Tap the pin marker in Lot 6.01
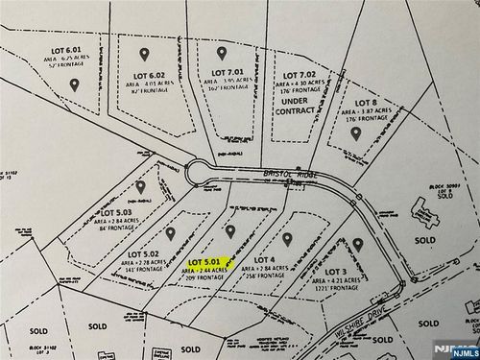coord(74,84)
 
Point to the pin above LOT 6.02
coord(144,54)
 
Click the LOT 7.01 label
coord(228,73)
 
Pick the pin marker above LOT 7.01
coord(222,53)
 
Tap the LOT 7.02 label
coord(294,73)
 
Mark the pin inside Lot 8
coord(355,133)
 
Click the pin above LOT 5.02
coord(170,232)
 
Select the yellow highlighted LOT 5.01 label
coord(206,261)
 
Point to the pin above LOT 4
coord(287,236)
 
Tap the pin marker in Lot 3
coord(358,245)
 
